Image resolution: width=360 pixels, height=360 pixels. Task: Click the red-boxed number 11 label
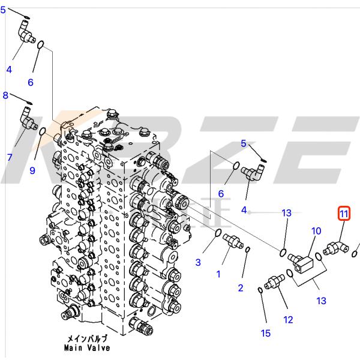coord(344,213)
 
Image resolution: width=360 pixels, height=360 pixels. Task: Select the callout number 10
coord(316,231)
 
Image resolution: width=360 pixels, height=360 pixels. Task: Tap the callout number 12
coord(289,320)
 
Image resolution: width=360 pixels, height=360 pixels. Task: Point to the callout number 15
coord(266,334)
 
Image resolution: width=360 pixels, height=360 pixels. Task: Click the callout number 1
coord(218,274)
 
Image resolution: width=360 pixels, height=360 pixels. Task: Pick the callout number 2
coord(241,288)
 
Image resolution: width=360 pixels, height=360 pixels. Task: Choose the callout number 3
coord(199,262)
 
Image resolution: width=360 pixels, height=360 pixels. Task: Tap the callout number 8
coord(5,95)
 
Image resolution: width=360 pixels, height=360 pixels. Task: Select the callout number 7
coord(10,158)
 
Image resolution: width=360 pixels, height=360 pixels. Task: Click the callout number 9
coord(32,171)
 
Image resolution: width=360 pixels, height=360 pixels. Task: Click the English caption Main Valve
coord(89,347)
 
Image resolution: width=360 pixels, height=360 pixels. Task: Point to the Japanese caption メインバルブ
coord(89,339)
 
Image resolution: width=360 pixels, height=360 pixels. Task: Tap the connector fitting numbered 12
coord(275,281)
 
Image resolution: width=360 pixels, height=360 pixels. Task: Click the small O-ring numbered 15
coord(260,290)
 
